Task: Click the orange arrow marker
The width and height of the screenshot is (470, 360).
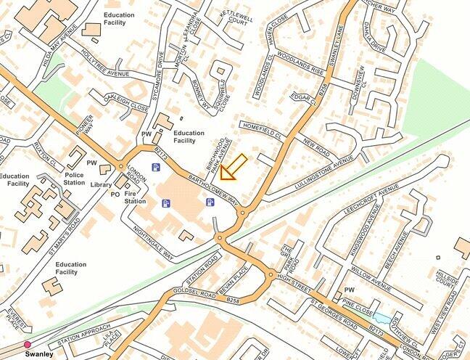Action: [233, 168]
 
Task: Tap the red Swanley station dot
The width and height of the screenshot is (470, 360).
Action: [28, 345]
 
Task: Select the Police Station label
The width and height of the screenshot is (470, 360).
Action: [75, 179]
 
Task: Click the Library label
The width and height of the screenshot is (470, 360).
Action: [101, 185]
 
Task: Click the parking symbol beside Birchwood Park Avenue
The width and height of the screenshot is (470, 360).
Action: [210, 202]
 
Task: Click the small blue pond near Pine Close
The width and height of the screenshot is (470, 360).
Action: [380, 318]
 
